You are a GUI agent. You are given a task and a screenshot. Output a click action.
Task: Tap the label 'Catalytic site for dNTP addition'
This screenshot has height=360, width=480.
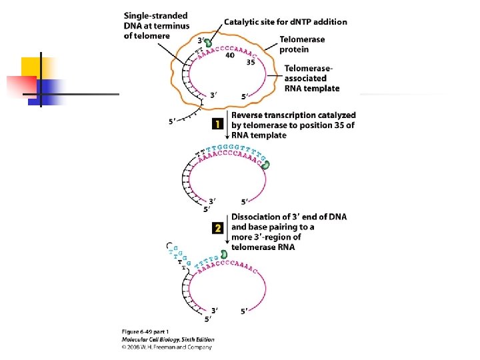285,22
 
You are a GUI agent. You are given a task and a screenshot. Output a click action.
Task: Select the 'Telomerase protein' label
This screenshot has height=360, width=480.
302,45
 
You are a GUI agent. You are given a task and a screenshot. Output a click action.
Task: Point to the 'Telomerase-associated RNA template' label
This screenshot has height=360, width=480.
312,78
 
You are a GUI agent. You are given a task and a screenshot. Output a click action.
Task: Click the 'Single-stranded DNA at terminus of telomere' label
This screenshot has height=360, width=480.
157,25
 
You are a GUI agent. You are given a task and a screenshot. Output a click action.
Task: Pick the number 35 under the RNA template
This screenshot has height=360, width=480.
251,63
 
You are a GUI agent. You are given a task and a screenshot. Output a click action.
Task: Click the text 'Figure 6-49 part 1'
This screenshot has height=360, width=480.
144,332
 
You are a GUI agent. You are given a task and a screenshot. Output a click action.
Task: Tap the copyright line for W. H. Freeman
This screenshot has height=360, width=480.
167,347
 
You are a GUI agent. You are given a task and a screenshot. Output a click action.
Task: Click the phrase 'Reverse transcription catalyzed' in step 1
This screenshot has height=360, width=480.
293,115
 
